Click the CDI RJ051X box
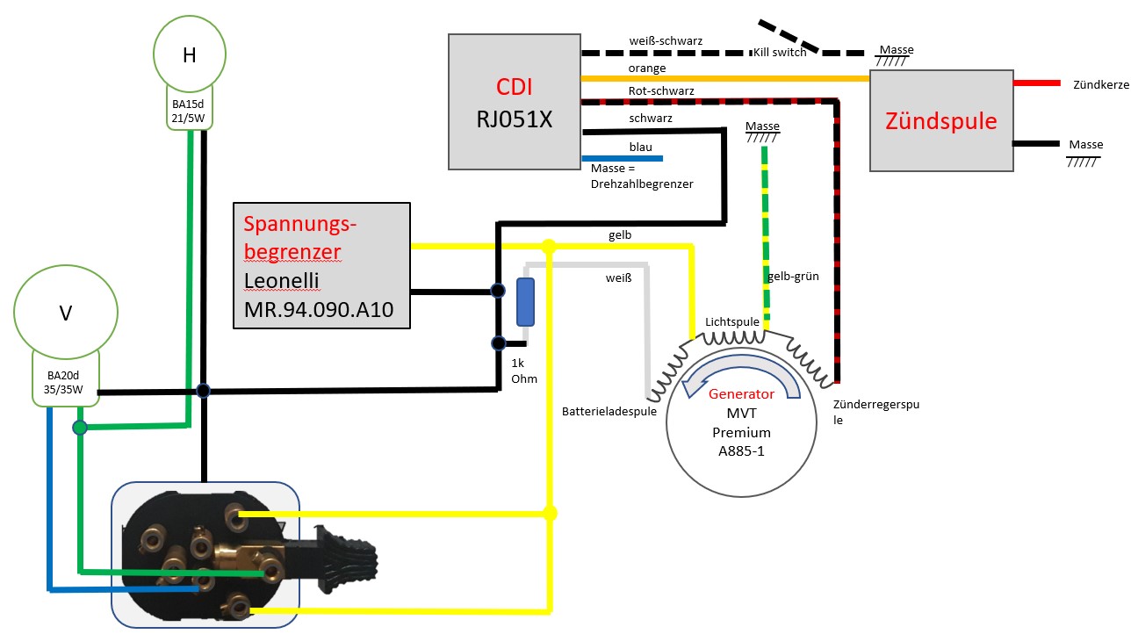[514, 101]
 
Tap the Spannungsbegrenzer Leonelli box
[321, 266]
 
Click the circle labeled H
[189, 54]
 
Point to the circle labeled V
[65, 312]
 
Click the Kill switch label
[780, 53]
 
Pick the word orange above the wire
[647, 68]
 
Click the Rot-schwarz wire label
[661, 91]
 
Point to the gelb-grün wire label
[793, 276]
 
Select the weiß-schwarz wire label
[666, 41]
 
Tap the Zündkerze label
[1101, 85]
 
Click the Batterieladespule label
[609, 411]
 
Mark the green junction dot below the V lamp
[80, 428]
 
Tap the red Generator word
[742, 394]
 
